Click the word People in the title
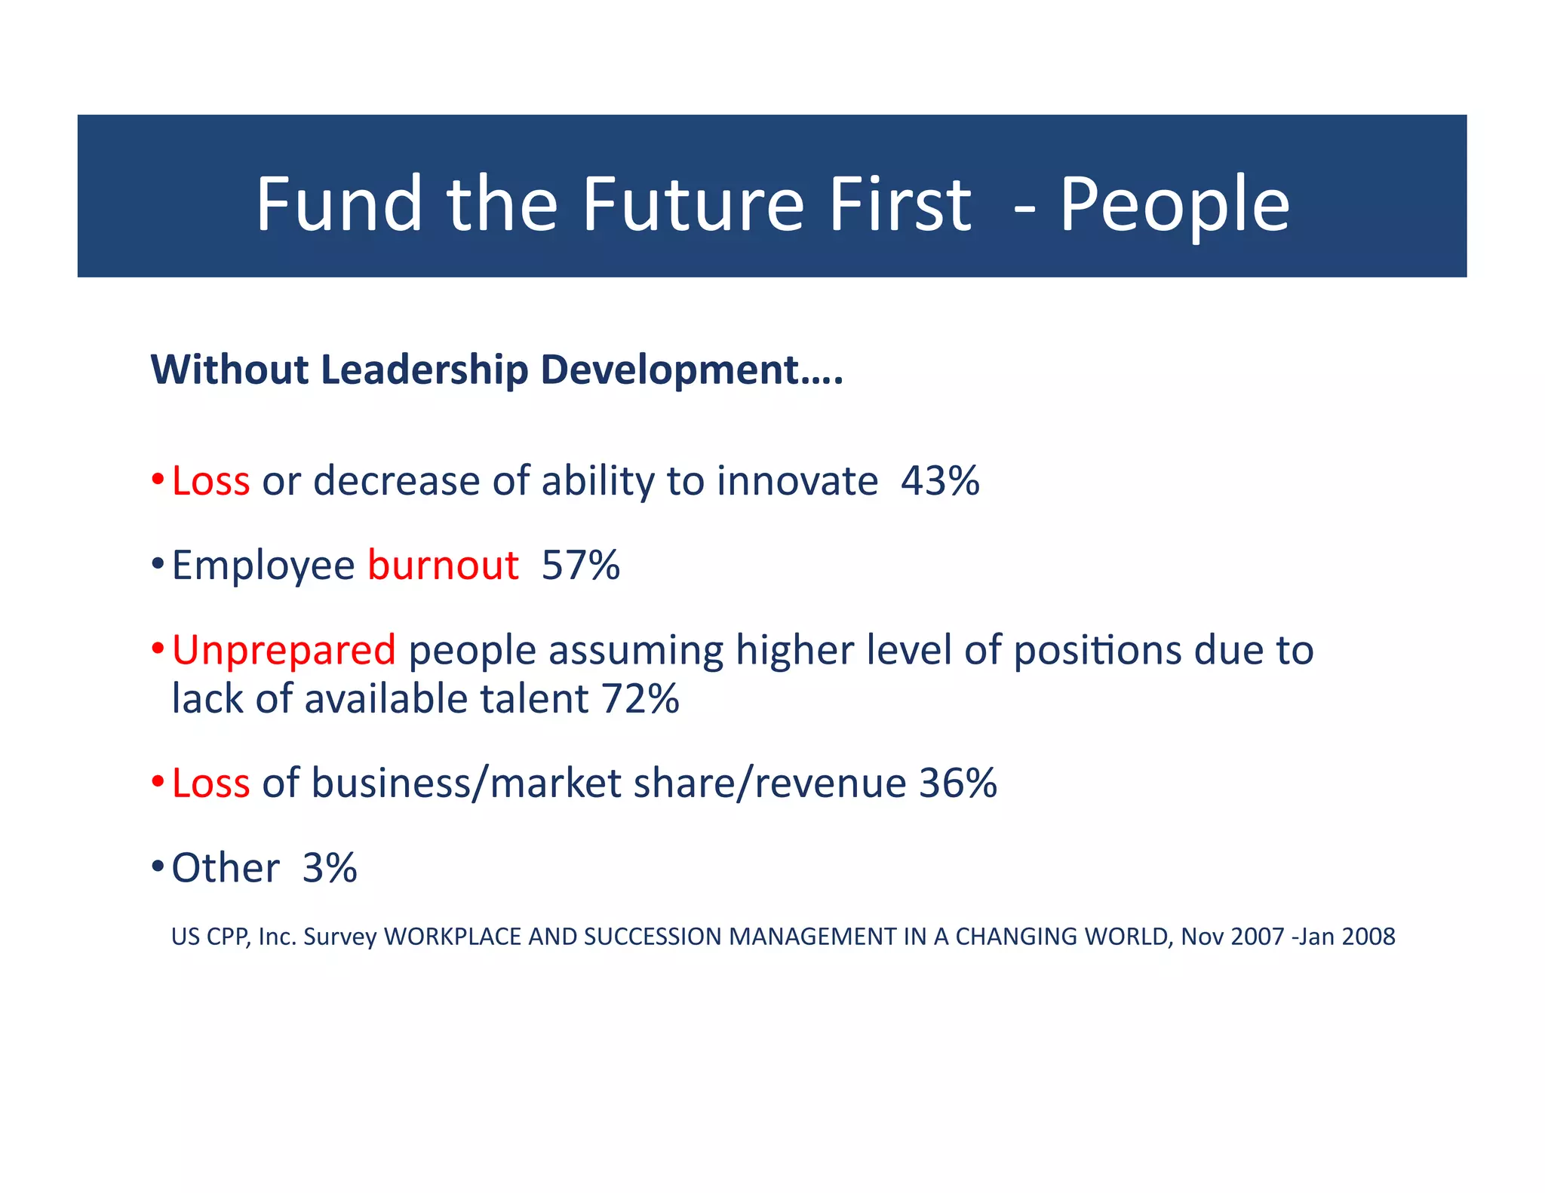pos(1175,205)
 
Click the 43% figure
pos(940,481)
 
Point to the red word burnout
pos(443,565)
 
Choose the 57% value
pos(580,565)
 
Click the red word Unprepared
pos(284,650)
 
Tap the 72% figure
pos(640,698)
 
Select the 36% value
pos(957,783)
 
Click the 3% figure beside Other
pos(330,867)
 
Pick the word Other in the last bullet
pos(226,867)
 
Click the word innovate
pos(797,481)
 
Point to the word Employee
pos(263,566)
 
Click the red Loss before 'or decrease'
pos(210,481)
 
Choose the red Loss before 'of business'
pos(210,783)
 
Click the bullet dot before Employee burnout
pos(157,563)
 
